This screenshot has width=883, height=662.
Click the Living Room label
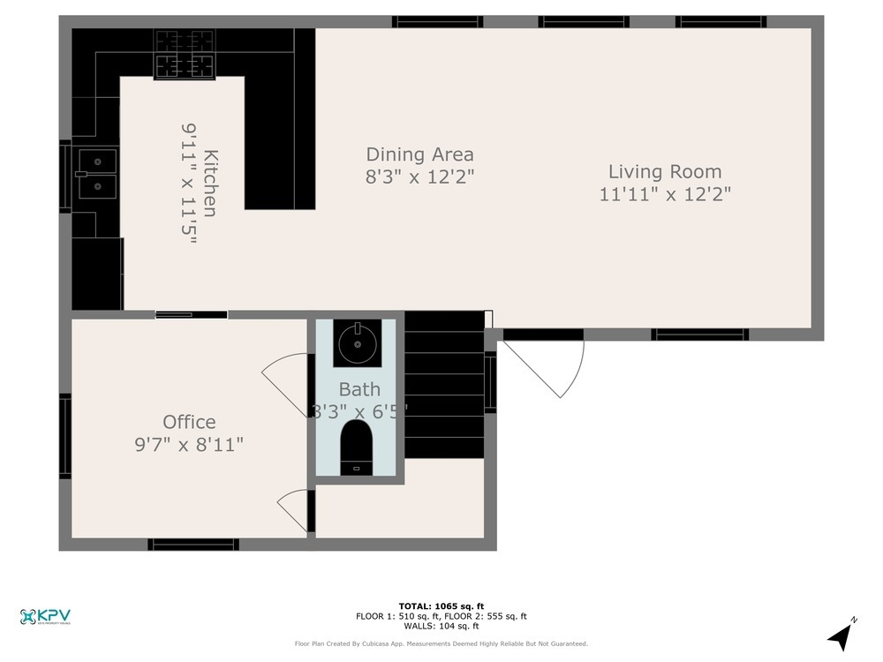tap(664, 172)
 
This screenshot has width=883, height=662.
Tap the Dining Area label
tap(419, 154)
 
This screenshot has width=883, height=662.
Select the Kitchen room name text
tap(210, 183)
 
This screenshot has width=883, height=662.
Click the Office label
tap(189, 422)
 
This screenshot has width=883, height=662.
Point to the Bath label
tap(359, 389)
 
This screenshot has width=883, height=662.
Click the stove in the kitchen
tap(185, 54)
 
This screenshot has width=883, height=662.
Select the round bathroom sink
tap(358, 342)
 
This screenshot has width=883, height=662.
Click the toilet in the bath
tap(357, 446)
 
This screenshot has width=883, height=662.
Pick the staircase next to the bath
tap(444, 386)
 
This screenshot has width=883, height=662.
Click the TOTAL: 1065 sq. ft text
tap(441, 606)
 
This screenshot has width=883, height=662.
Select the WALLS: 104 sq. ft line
tap(441, 626)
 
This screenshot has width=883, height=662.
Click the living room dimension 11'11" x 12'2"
tap(664, 194)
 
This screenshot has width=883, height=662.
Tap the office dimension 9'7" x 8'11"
tap(183, 444)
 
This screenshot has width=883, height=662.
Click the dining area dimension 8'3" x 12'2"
tap(419, 177)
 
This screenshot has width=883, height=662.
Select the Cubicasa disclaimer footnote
tap(441, 644)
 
